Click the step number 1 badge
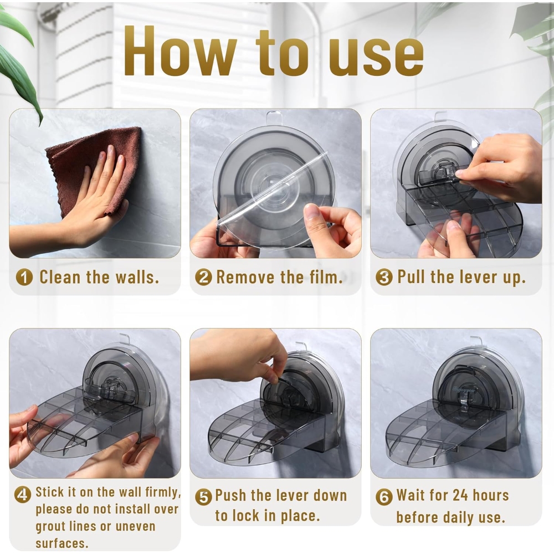pos(24,277)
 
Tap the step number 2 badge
pos(203,277)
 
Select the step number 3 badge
pos(384,277)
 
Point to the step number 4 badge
pos(22,494)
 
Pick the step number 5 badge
pos(203,497)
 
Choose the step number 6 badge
pos(384,497)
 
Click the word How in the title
pos(180,50)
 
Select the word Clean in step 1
pos(60,276)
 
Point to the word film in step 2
pos(326,276)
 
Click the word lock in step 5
pos(247,515)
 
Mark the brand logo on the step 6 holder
pos(464,389)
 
